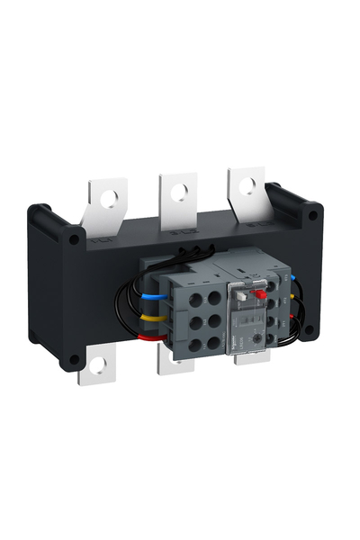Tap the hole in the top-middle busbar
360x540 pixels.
click(180, 189)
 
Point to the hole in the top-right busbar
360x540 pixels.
click(247, 181)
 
